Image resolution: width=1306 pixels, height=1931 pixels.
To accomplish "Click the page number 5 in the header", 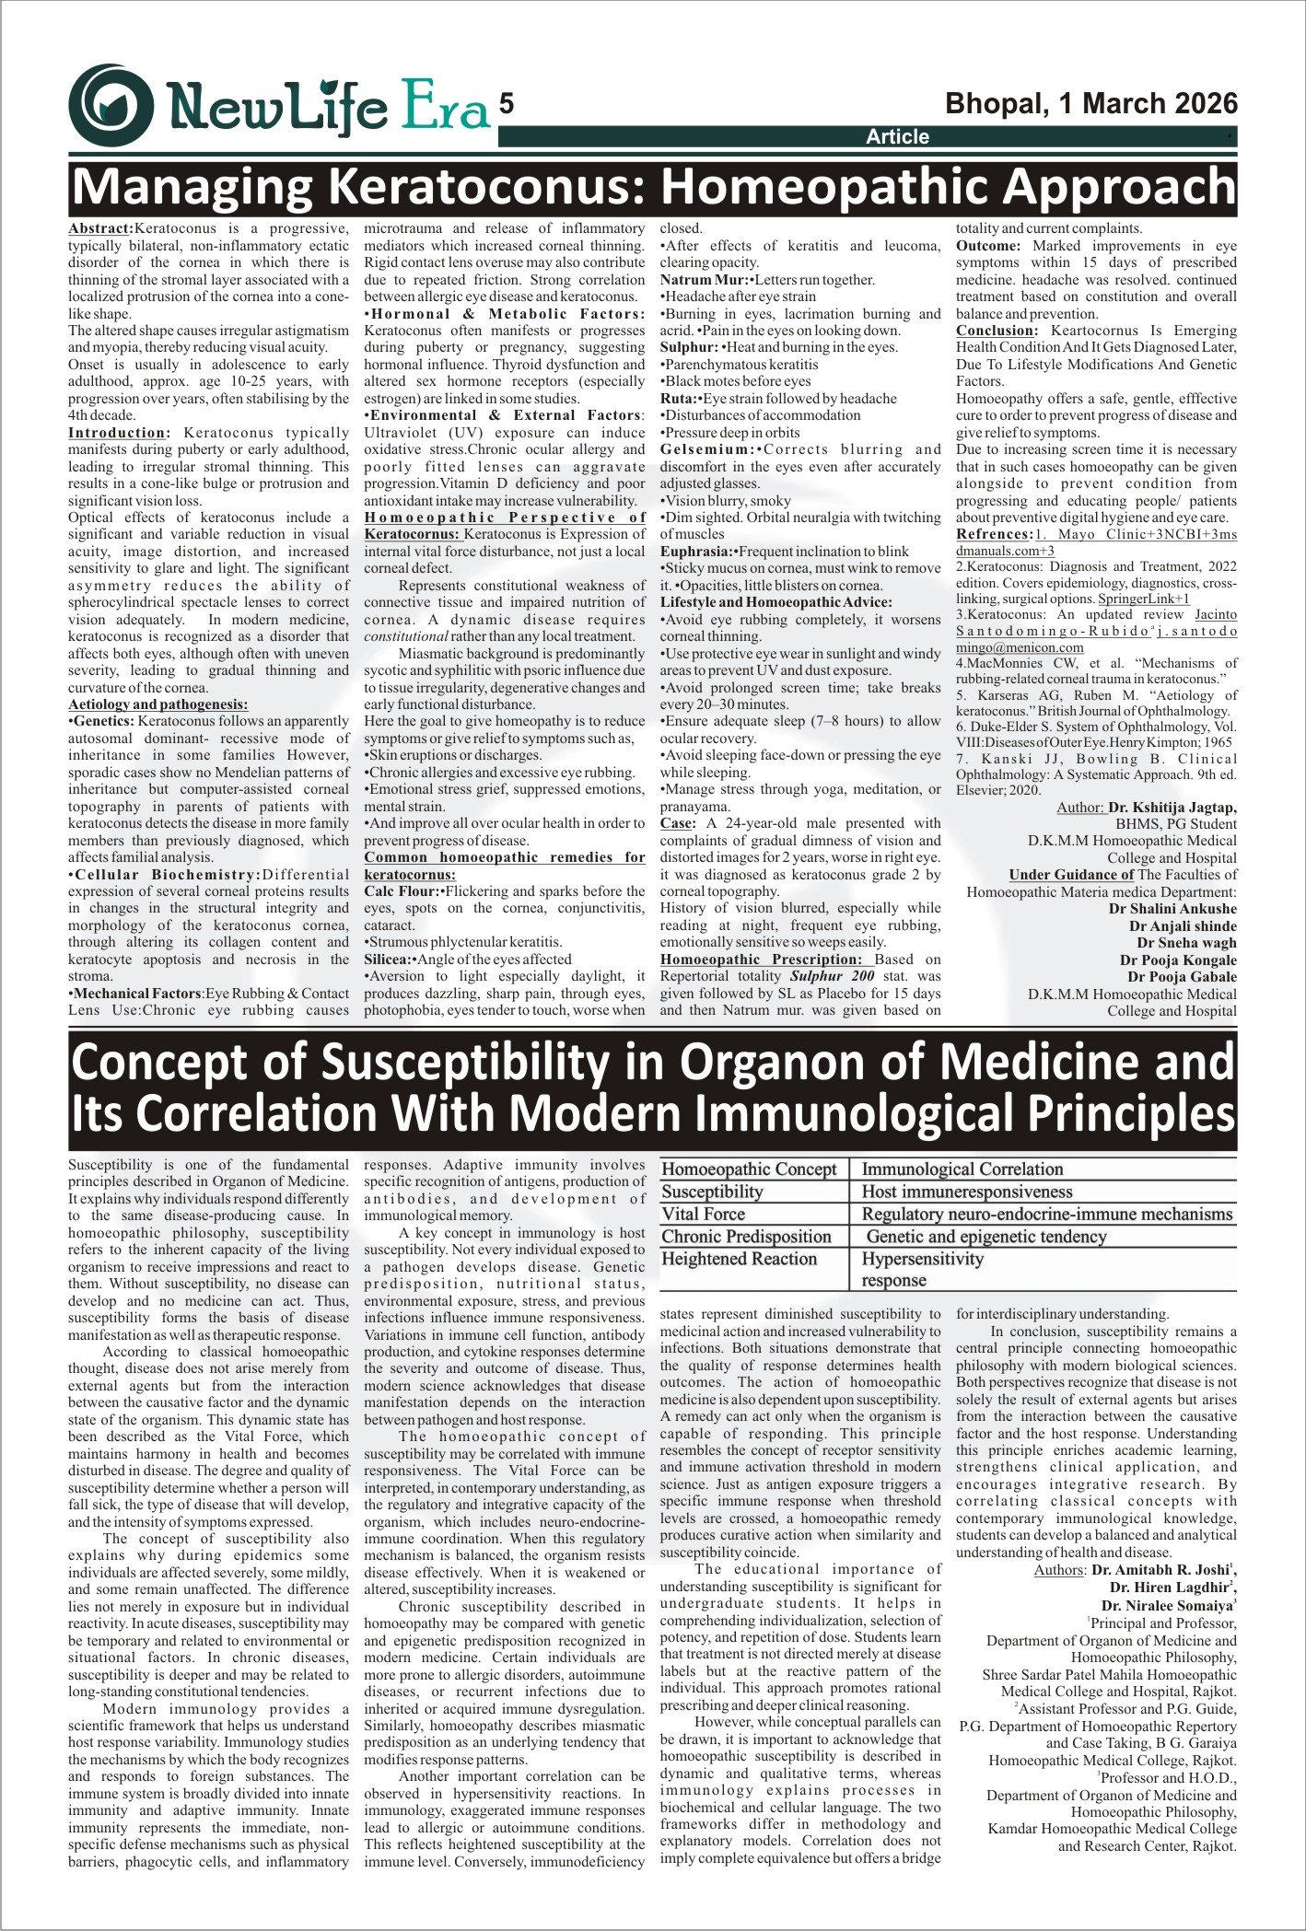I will pyautogui.click(x=507, y=104).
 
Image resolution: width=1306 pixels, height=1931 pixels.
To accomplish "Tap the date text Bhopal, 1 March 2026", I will pyautogui.click(x=1091, y=103).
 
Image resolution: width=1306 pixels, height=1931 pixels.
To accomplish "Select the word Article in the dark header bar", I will pyautogui.click(x=897, y=137).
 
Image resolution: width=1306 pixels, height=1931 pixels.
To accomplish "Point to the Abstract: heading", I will pyautogui.click(x=100, y=228).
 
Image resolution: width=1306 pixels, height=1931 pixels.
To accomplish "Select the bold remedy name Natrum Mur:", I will pyautogui.click(x=704, y=280).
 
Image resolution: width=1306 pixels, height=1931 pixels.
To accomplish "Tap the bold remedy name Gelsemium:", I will pyautogui.click(x=707, y=449).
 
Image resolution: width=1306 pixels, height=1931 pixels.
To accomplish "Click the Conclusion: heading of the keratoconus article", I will pyautogui.click(x=997, y=331).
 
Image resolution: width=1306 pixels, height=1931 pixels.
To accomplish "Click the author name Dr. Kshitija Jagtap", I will pyautogui.click(x=1172, y=808).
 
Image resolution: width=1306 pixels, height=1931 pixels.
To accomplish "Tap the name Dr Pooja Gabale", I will pyautogui.click(x=1182, y=977).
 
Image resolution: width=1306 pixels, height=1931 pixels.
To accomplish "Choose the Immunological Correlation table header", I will pyautogui.click(x=962, y=1169).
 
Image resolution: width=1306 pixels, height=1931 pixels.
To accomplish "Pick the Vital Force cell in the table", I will pyautogui.click(x=704, y=1215).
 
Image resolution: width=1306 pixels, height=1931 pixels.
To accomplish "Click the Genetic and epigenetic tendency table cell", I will pyautogui.click(x=985, y=1237).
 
